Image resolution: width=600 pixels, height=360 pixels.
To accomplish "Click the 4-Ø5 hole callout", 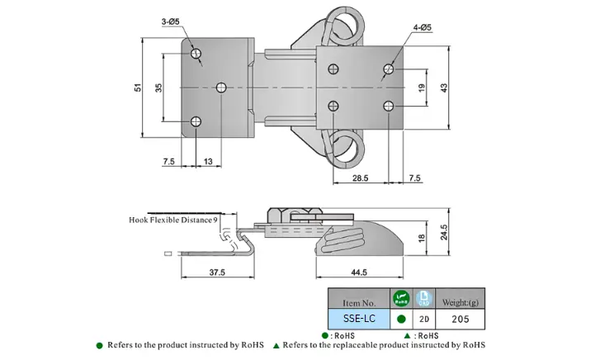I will pyautogui.click(x=423, y=27).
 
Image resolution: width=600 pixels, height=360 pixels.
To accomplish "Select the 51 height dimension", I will pyautogui.click(x=138, y=88).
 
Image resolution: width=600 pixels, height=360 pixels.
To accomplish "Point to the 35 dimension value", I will pyautogui.click(x=158, y=88).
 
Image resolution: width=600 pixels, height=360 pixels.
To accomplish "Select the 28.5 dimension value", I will pyautogui.click(x=360, y=178).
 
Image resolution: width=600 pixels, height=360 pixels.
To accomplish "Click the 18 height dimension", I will pyautogui.click(x=422, y=238).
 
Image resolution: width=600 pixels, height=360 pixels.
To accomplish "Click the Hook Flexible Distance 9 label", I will pyautogui.click(x=173, y=220).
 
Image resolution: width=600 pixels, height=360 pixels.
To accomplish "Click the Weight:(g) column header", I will pyautogui.click(x=462, y=298).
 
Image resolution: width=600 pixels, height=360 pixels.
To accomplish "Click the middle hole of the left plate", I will pyautogui.click(x=221, y=88).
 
